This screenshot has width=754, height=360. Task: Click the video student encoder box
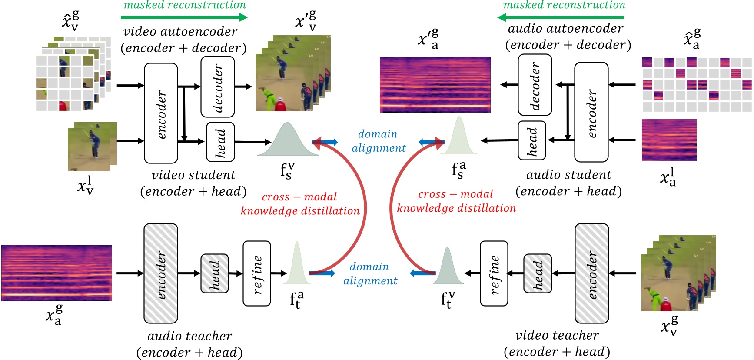click(x=161, y=113)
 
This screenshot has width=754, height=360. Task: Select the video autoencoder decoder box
click(x=217, y=87)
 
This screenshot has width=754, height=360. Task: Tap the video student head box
click(x=220, y=142)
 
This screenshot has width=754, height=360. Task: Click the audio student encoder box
click(x=591, y=112)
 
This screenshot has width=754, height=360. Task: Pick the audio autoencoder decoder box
click(x=535, y=84)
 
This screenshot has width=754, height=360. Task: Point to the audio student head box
click(x=532, y=140)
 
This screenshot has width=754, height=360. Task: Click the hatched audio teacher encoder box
click(x=161, y=273)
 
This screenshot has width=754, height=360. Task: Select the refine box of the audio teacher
click(x=257, y=273)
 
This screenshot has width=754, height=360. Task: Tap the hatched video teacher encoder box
click(x=591, y=273)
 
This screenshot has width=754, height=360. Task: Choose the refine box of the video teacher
click(x=494, y=273)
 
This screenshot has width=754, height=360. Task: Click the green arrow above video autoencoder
click(x=184, y=17)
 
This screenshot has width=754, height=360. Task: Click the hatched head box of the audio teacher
click(x=214, y=273)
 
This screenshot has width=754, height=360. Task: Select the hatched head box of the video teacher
click(x=538, y=273)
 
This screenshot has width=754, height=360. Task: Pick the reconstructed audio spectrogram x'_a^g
click(x=435, y=85)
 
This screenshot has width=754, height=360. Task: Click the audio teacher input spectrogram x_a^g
click(x=56, y=273)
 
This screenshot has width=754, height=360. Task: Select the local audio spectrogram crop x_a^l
click(x=669, y=140)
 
